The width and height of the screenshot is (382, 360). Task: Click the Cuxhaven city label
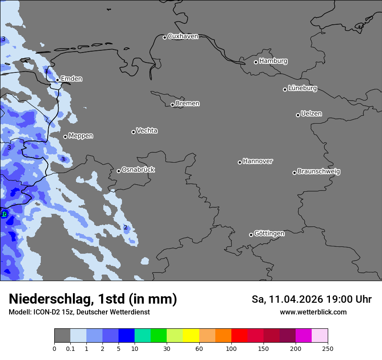183,36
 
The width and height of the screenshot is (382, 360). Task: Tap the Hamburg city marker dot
256,62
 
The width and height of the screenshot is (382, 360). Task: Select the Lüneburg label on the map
302,88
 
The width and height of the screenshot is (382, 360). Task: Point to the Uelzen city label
311,114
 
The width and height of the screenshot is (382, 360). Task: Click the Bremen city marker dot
172,105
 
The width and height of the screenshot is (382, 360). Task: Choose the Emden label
71,79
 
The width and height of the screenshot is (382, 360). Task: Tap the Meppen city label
81,136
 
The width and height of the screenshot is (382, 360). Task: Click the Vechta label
147,131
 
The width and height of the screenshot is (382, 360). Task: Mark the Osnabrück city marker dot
119,171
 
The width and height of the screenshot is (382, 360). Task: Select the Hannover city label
257,161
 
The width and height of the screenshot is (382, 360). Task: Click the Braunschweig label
319,172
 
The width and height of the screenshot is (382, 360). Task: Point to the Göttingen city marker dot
251,235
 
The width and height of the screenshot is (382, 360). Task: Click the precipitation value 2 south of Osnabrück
125,227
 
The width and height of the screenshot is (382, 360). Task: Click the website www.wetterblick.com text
313,312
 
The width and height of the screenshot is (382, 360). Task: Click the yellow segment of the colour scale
191,336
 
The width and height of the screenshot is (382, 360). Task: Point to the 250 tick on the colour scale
328,348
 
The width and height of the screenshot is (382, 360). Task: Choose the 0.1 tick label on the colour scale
70,348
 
